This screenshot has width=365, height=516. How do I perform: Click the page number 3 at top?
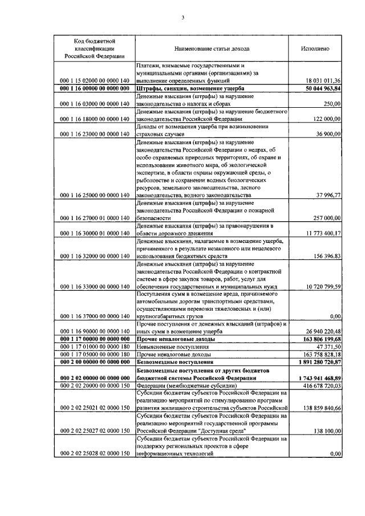pos(182,17)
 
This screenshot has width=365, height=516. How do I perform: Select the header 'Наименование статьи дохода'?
pos(212,49)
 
